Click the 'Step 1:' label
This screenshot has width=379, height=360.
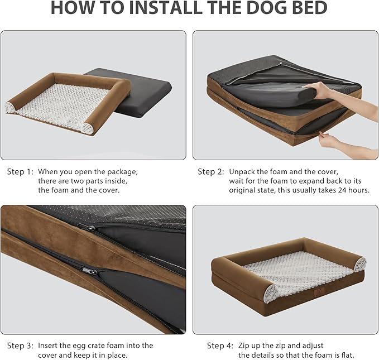[x=20, y=172]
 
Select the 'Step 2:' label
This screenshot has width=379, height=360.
[x=211, y=172]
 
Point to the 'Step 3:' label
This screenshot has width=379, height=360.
[x=20, y=345]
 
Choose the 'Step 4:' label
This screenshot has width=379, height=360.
[x=220, y=345]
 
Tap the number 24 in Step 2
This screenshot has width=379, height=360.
[x=342, y=190]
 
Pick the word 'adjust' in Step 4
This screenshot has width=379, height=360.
[x=312, y=346]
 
